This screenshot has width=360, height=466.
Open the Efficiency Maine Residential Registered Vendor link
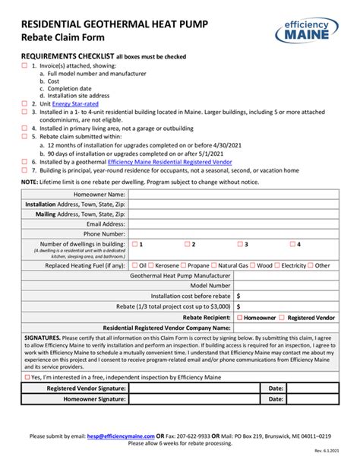(x=168, y=162)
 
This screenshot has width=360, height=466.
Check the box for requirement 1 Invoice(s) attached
(x=24, y=66)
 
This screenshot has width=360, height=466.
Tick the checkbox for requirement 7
(x=24, y=170)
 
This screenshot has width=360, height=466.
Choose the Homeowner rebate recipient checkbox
(x=241, y=316)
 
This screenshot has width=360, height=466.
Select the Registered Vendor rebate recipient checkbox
(x=282, y=316)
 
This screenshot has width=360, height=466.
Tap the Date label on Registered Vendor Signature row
(x=275, y=388)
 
